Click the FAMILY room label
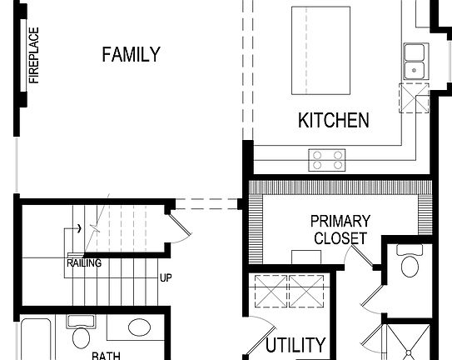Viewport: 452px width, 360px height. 131,55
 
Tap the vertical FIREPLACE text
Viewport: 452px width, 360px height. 34,56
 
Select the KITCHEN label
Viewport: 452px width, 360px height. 333,121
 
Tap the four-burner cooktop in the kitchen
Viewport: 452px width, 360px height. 327,158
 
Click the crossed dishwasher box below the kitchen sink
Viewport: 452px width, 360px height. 413,97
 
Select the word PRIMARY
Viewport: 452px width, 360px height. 340,222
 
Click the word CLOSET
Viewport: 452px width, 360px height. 340,238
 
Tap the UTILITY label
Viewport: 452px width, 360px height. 296,344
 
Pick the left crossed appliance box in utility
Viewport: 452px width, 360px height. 270,292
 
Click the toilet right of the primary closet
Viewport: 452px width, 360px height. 409,263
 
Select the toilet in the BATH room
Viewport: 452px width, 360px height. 81,336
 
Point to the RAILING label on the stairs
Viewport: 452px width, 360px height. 84,263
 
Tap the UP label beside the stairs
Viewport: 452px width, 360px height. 166,277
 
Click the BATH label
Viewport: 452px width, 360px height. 106,356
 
